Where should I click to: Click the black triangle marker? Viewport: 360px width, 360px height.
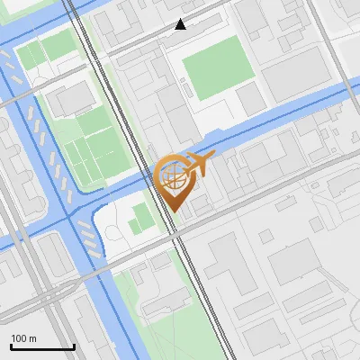(x=181, y=24)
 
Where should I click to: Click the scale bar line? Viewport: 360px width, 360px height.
(x=42, y=346)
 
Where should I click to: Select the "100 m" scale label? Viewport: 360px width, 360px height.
(x=24, y=338)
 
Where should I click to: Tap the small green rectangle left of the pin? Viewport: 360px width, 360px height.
(x=140, y=219)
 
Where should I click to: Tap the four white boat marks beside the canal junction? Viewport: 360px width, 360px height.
(x=89, y=235)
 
